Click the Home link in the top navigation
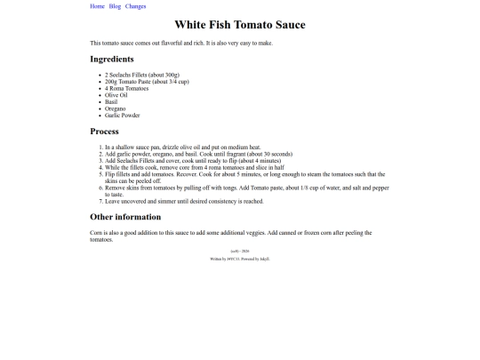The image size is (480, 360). pyautogui.click(x=97, y=6)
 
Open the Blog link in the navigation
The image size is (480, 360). pyautogui.click(x=115, y=6)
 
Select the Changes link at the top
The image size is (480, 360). pyautogui.click(x=135, y=6)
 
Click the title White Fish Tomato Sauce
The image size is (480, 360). pyautogui.click(x=239, y=25)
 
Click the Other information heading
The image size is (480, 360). pyautogui.click(x=125, y=217)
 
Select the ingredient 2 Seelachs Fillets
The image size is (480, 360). pyautogui.click(x=142, y=75)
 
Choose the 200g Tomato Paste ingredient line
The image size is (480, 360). pyautogui.click(x=146, y=82)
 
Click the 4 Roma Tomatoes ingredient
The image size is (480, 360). pyautogui.click(x=126, y=88)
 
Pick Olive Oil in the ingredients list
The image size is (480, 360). pyautogui.click(x=116, y=95)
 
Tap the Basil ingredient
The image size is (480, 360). pyautogui.click(x=111, y=101)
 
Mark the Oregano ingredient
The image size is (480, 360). pyautogui.click(x=116, y=108)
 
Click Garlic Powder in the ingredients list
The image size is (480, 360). pyautogui.click(x=122, y=116)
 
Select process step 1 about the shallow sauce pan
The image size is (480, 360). pyautogui.click(x=182, y=147)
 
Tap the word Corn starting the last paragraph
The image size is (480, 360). pyautogui.click(x=96, y=233)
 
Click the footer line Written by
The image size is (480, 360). pyautogui.click(x=239, y=259)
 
